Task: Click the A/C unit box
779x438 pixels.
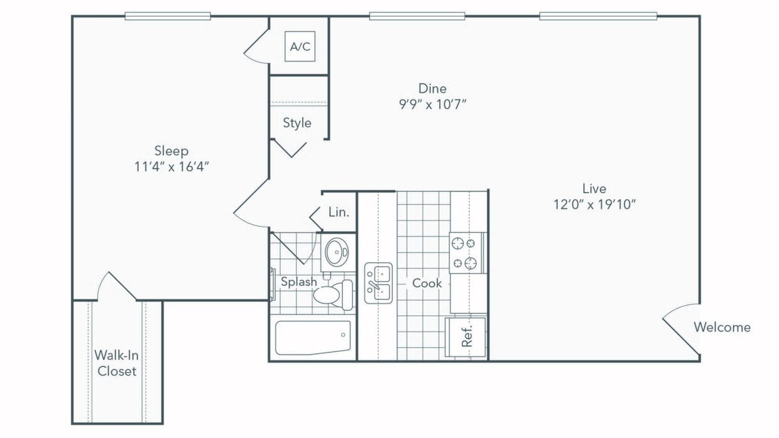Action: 300,46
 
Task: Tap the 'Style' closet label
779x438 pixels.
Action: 297,123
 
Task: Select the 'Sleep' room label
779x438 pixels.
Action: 172,151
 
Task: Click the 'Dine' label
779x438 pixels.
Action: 432,88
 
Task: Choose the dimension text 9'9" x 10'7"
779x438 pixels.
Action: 432,104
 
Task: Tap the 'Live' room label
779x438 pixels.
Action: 594,188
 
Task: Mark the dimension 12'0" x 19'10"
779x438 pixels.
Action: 594,204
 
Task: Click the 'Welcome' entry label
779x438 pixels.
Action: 722,327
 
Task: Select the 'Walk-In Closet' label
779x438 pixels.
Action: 116,363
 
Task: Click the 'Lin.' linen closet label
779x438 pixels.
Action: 339,212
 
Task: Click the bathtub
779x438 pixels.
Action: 313,338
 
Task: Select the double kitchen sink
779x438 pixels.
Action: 378,283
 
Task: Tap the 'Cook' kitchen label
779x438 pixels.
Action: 427,283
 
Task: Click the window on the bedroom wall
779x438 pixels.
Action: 167,16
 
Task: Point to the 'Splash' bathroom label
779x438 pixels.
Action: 298,282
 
